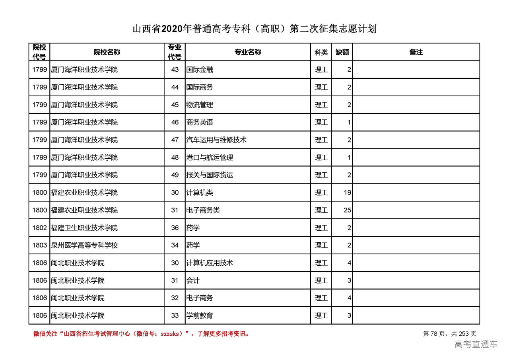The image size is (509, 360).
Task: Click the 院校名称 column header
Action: (x=107, y=52)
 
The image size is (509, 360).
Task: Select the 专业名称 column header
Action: (x=247, y=52)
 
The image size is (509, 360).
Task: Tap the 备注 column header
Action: (x=416, y=52)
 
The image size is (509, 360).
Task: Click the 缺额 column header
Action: (x=342, y=52)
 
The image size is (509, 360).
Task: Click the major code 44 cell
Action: (x=175, y=87)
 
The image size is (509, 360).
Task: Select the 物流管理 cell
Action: (x=200, y=105)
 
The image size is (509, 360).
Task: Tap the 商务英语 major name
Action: (x=200, y=123)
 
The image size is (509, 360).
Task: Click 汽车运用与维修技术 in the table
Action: (x=216, y=140)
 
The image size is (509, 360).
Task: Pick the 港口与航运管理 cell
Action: (x=210, y=158)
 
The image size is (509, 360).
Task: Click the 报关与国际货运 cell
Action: (x=210, y=175)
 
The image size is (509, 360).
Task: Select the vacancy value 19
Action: (x=347, y=193)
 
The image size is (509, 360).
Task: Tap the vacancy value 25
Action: (x=347, y=210)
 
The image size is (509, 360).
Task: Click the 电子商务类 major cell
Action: (x=203, y=210)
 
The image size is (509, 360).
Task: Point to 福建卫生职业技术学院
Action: (x=84, y=228)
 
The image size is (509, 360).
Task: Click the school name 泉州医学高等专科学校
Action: (x=84, y=245)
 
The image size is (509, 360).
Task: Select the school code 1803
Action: (x=40, y=245)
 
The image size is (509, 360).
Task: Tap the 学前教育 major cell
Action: (x=200, y=315)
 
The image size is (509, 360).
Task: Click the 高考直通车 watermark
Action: (x=476, y=344)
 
